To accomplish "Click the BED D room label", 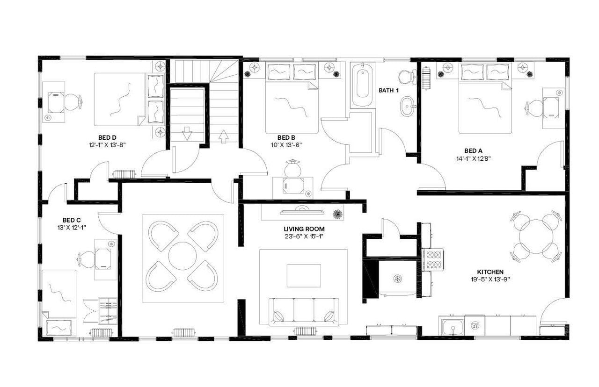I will click(x=107, y=137).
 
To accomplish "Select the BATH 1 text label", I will click(x=388, y=90).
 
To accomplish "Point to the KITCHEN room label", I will click(x=490, y=272).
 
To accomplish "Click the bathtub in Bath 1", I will click(x=363, y=86).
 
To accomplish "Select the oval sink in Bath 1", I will click(x=407, y=106).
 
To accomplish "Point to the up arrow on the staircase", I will click(x=223, y=136).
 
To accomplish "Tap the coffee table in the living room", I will click(x=304, y=276).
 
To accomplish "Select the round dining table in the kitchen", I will click(x=536, y=236).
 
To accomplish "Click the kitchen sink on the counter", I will click(x=452, y=328).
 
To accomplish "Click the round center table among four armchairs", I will click(x=182, y=256).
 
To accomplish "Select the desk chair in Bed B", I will click(x=293, y=168).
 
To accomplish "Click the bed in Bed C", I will click(x=59, y=301).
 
